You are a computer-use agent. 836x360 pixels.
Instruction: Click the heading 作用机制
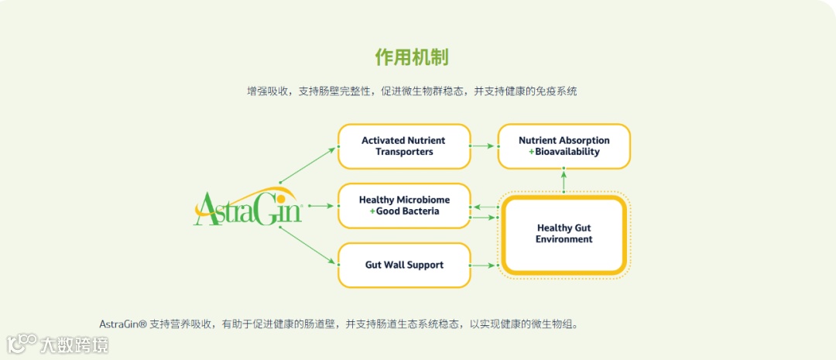(411, 57)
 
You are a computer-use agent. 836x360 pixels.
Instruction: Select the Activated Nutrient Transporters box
(404, 146)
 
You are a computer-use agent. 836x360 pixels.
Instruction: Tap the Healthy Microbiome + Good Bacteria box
(404, 206)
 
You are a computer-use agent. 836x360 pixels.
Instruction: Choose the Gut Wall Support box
(404, 265)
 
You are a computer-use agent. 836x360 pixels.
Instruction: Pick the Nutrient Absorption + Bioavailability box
(564, 146)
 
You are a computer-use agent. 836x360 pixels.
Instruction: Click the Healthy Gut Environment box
(564, 234)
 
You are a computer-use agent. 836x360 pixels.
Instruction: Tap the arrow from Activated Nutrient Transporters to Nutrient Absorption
(484, 146)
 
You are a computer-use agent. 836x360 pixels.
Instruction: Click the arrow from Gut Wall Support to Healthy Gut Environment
(484, 266)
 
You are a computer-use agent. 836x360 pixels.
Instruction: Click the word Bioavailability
(567, 152)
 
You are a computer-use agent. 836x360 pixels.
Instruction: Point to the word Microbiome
(423, 200)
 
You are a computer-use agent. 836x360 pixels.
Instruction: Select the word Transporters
(404, 152)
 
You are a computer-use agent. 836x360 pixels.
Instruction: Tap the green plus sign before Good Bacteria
(372, 211)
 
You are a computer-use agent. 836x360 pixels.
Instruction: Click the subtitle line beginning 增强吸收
(411, 91)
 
